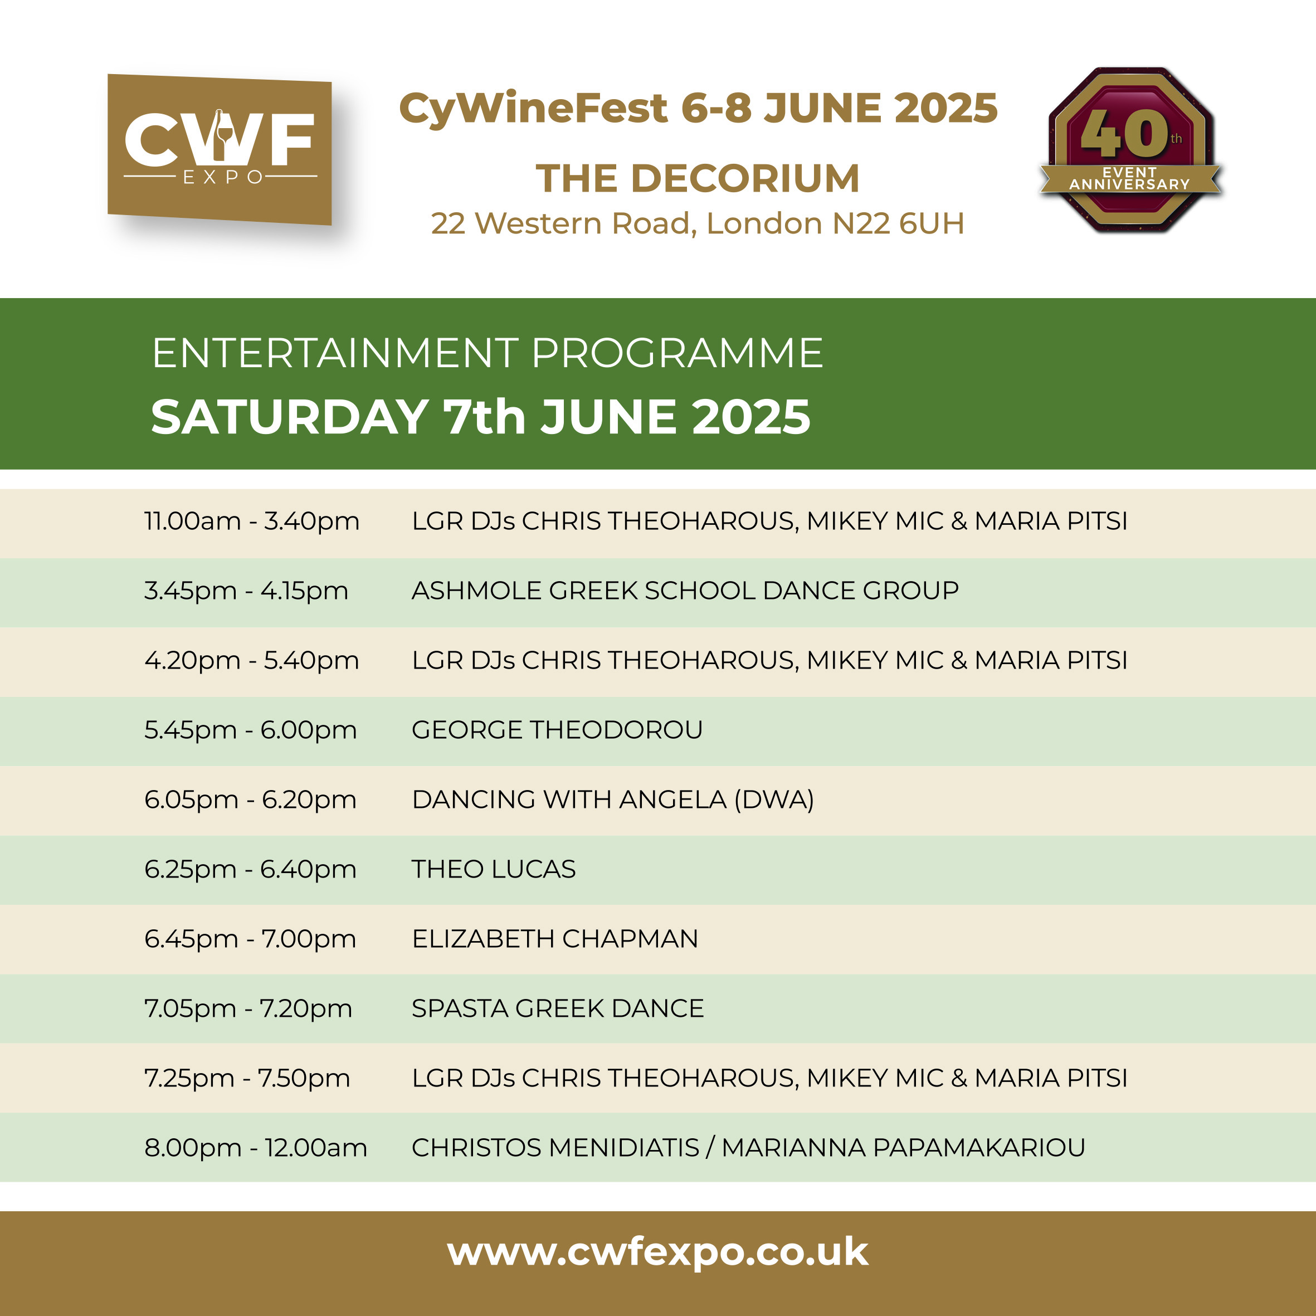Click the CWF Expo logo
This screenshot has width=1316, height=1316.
[220, 149]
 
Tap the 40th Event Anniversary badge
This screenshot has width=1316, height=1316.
[1130, 150]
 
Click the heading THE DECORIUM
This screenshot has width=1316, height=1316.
[698, 178]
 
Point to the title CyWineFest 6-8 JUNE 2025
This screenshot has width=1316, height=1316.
[698, 108]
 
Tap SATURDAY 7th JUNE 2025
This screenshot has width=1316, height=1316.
[481, 416]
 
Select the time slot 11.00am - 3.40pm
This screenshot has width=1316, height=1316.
[251, 521]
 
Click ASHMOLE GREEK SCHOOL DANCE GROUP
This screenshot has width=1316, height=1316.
[685, 591]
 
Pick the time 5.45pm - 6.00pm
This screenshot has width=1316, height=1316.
[251, 730]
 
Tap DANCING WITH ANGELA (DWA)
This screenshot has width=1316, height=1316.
[613, 800]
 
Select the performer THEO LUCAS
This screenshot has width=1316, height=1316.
[494, 869]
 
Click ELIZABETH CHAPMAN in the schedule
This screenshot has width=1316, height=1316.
[555, 939]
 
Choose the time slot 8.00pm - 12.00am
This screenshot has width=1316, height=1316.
[255, 1148]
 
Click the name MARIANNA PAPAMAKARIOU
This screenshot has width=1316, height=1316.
[904, 1148]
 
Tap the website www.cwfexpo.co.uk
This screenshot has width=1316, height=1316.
[658, 1252]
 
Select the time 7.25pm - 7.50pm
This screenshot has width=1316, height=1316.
[247, 1078]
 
